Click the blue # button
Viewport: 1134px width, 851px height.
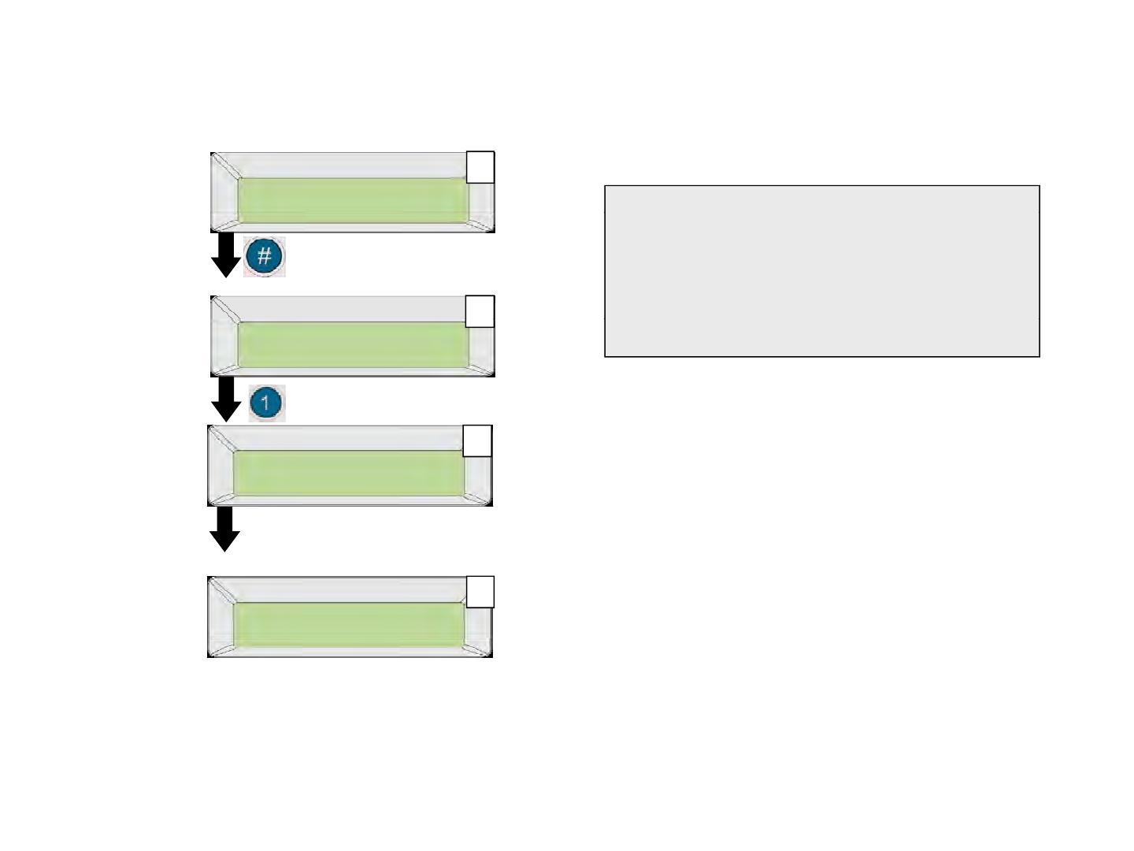(265, 258)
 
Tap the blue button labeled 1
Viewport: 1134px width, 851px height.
(265, 403)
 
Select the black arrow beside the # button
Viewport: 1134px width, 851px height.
(225, 255)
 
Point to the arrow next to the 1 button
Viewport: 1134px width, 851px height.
(226, 399)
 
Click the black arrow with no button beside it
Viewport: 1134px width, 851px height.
(224, 529)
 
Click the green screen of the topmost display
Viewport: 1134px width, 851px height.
(352, 200)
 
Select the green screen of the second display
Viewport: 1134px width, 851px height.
(352, 344)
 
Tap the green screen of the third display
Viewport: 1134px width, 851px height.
(349, 474)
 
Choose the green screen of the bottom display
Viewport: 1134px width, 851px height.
(349, 625)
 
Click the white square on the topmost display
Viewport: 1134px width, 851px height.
(480, 167)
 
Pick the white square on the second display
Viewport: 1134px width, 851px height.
(480, 311)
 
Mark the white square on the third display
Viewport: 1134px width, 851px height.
(477, 440)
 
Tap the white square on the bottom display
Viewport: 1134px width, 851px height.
(480, 592)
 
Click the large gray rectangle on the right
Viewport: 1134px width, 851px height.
(822, 271)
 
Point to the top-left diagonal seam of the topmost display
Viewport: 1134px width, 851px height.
(225, 165)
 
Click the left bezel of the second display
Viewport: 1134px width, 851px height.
(224, 344)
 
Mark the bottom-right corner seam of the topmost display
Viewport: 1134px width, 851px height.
(481, 226)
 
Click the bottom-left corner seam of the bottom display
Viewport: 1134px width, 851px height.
(221, 650)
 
